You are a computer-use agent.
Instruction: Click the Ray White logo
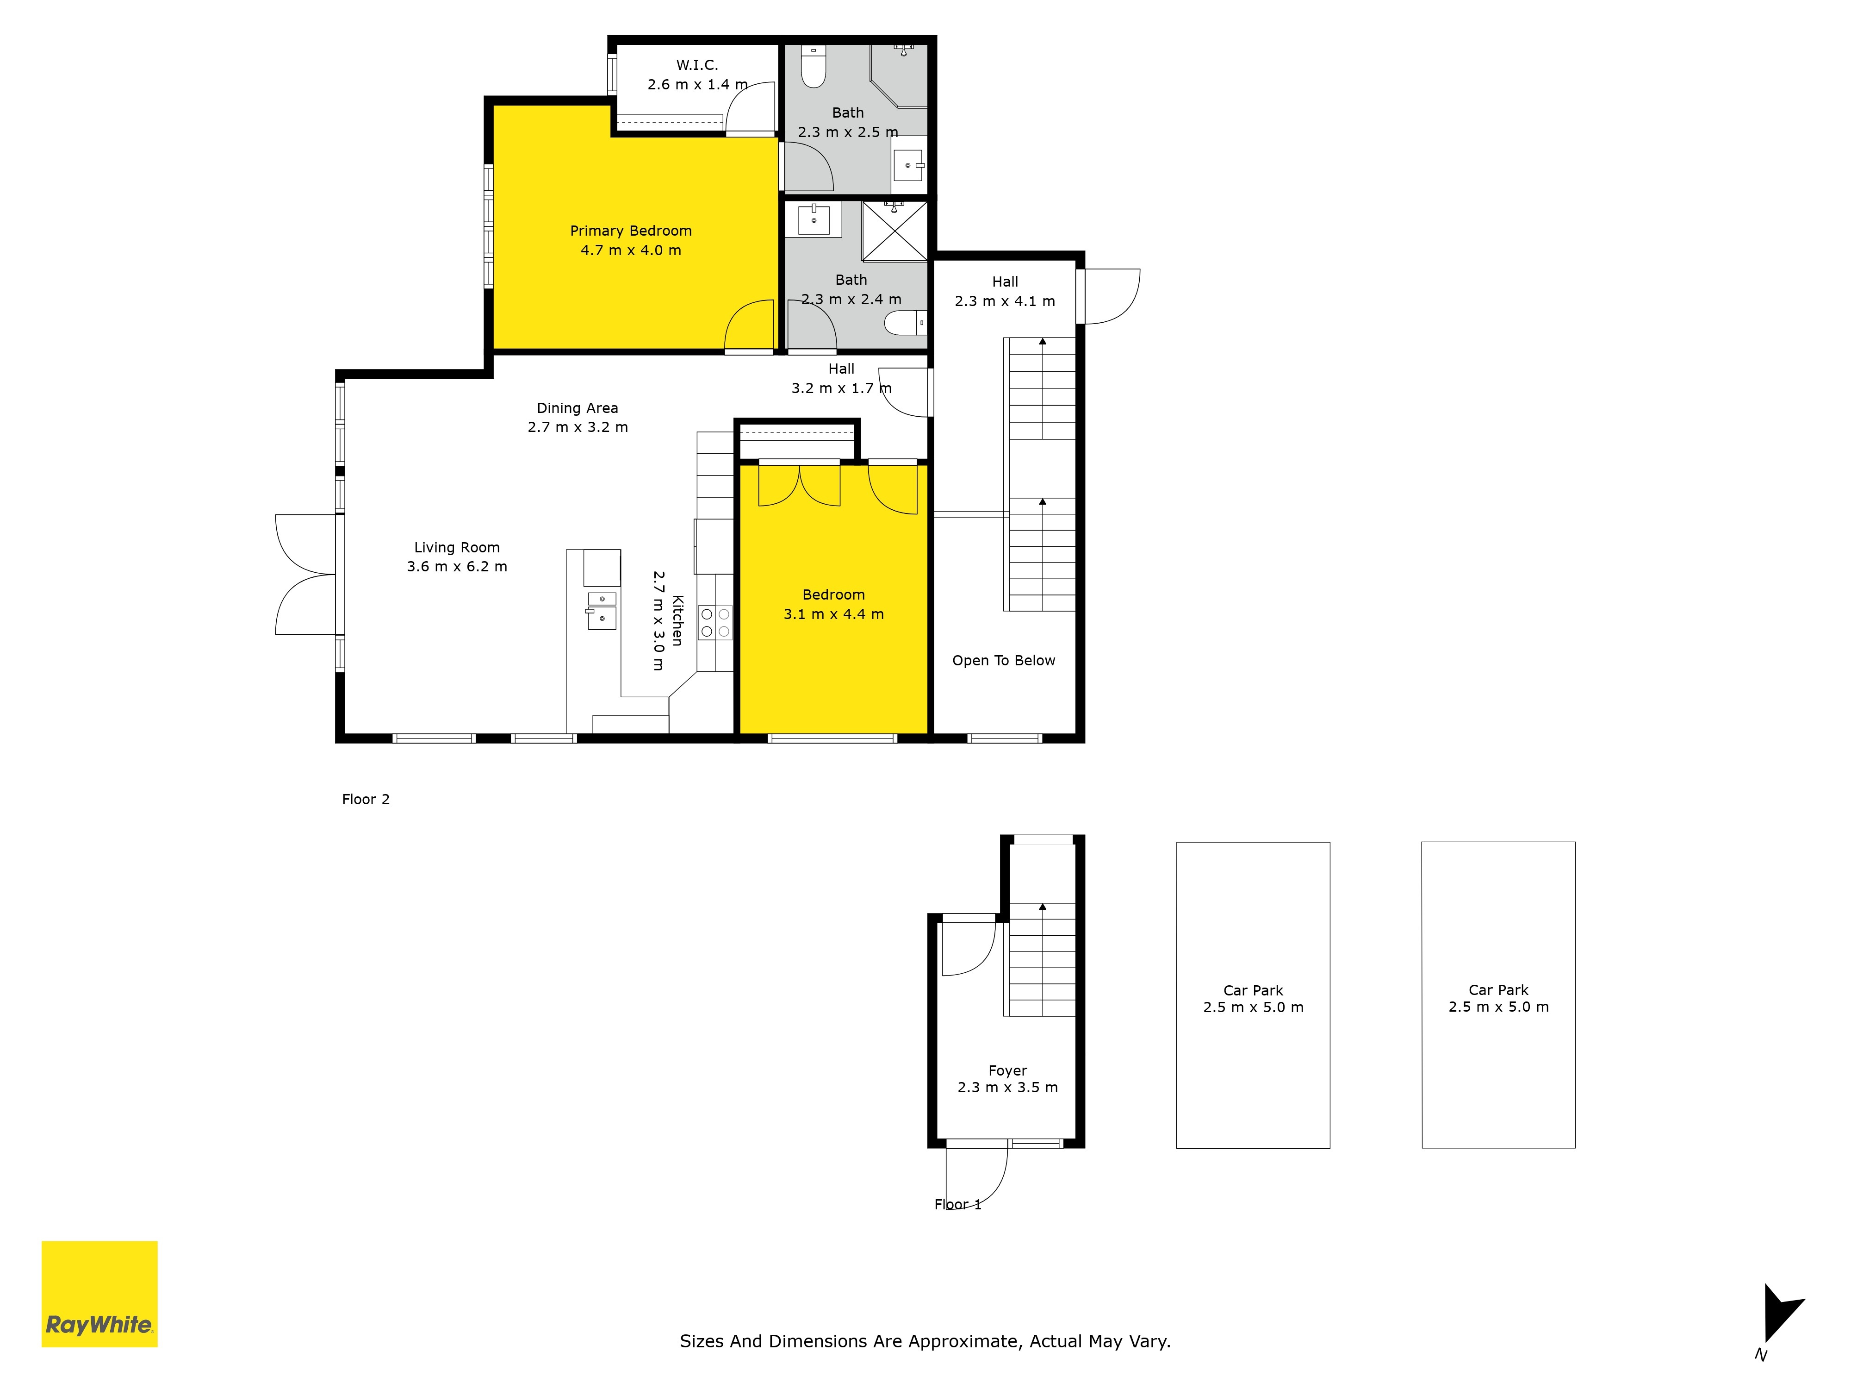[99, 1294]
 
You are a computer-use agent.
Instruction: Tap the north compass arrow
[1781, 1313]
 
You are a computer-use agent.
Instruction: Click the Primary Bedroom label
[631, 231]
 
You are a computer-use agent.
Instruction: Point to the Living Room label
[457, 548]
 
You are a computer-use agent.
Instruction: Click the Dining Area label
[578, 408]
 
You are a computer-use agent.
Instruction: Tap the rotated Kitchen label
[678, 620]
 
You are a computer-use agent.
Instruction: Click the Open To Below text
[1003, 661]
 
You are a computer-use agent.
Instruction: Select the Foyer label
[1007, 1071]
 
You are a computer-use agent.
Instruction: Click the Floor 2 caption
[366, 800]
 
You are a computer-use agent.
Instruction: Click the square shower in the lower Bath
[894, 230]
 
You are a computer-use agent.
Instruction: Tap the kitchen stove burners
[715, 622]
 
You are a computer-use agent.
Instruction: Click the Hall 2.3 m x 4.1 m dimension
[1005, 301]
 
